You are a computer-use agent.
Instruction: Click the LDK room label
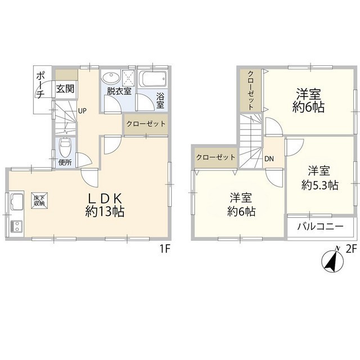click(x=105, y=198)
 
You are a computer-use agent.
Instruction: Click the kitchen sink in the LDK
click(x=15, y=201)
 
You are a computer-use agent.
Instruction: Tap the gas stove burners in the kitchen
click(x=15, y=227)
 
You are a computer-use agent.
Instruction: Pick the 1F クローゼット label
click(x=146, y=124)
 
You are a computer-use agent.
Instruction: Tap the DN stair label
click(x=269, y=159)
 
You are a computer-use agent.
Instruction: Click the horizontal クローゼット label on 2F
click(x=216, y=157)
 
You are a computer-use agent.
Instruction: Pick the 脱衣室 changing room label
click(x=119, y=90)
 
